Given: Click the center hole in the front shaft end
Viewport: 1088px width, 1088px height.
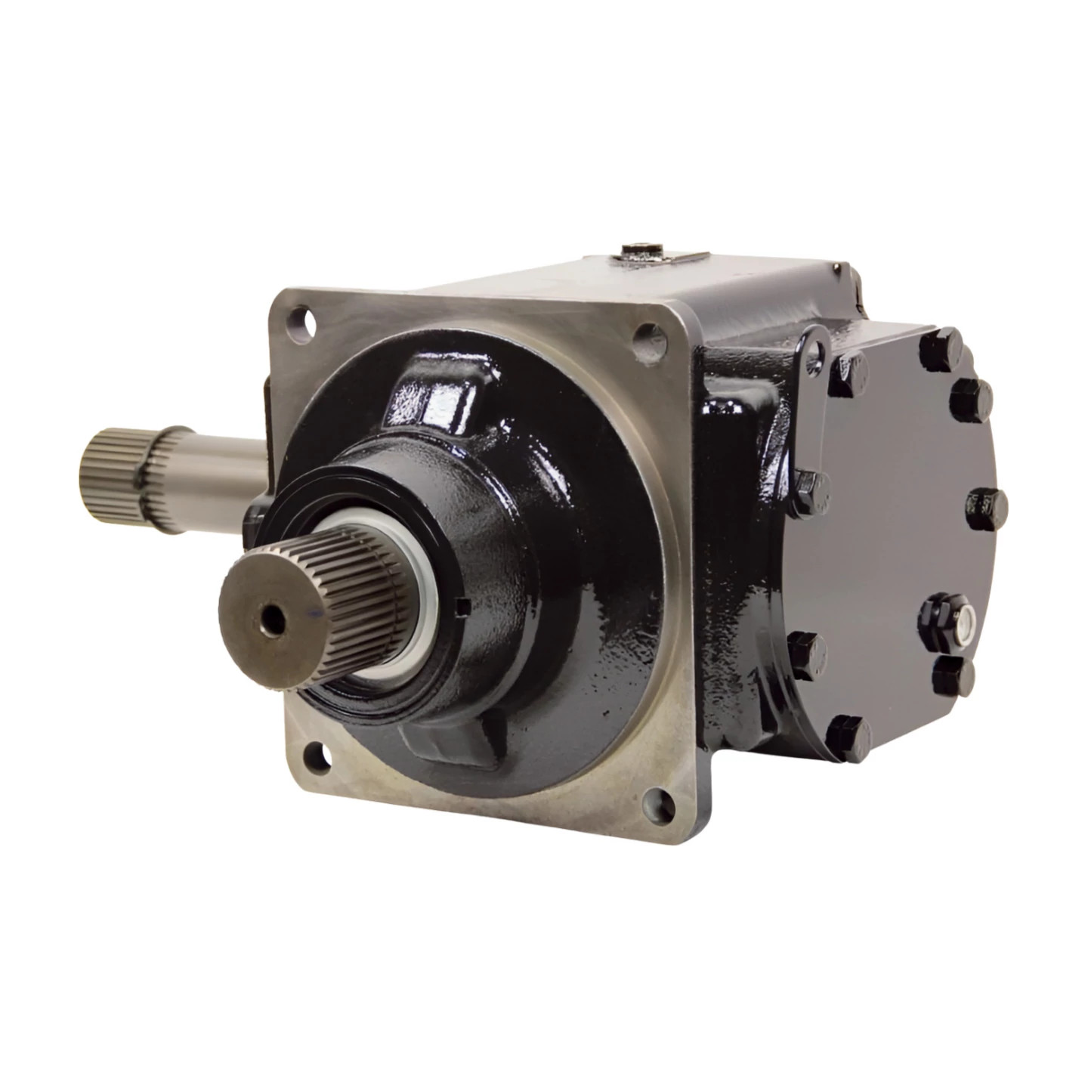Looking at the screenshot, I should [x=271, y=618].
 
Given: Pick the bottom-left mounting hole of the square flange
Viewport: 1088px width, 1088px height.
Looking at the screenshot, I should [x=312, y=753].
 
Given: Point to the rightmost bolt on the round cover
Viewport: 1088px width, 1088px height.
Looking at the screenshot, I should [x=986, y=504].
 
